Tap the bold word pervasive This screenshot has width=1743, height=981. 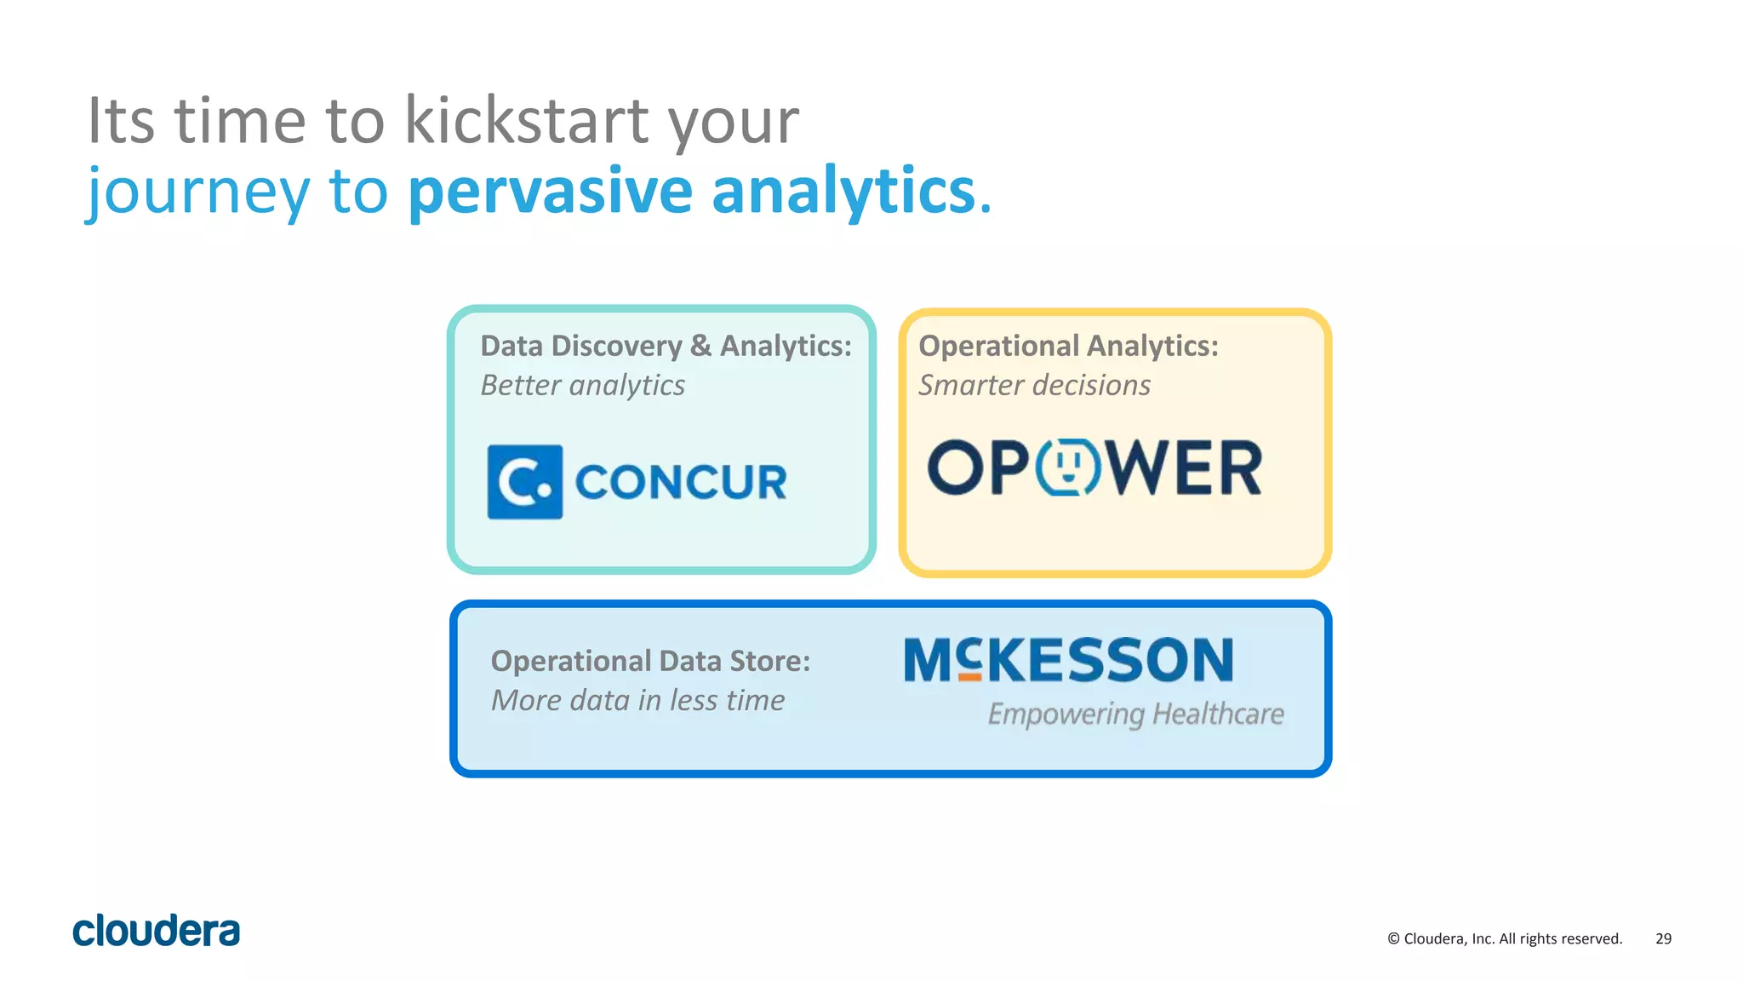tap(550, 190)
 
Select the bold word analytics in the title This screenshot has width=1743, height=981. tap(843, 190)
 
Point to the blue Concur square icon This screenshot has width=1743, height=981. tap(524, 482)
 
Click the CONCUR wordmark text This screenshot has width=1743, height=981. tap(681, 482)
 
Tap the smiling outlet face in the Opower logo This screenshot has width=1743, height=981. tap(1069, 467)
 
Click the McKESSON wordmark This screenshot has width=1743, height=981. tap(1068, 660)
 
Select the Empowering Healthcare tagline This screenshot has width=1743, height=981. tap(1135, 714)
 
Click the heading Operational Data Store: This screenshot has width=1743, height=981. tap(650, 661)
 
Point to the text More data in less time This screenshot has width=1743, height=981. tap(637, 700)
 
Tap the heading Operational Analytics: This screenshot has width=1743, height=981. tap(1068, 346)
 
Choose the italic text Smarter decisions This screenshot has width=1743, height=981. tap(1034, 385)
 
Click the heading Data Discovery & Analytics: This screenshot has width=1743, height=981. tap(666, 346)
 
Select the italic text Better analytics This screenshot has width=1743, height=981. tap(582, 385)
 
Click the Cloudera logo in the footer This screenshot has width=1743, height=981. tap(157, 931)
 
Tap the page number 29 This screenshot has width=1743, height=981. tap(1663, 938)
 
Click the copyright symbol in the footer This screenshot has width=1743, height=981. tap(1393, 938)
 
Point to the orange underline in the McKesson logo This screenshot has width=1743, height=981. tap(969, 677)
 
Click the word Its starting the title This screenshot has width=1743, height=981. tap(121, 120)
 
